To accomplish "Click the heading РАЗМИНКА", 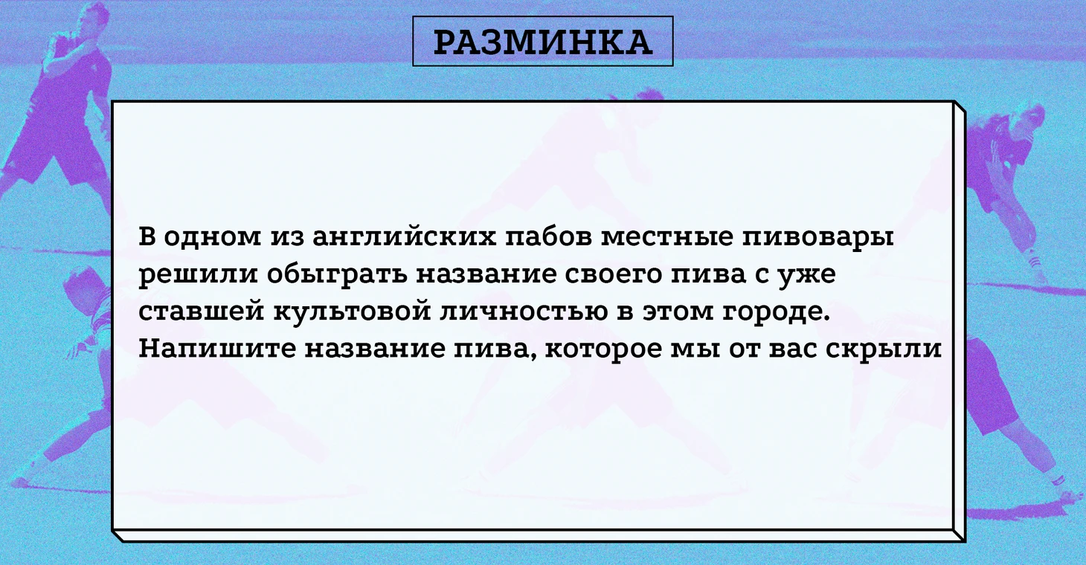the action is tap(542, 42).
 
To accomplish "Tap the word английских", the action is tap(405, 237).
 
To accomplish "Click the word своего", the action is tap(614, 274).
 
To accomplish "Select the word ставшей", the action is tap(201, 310).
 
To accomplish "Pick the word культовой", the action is tap(352, 310).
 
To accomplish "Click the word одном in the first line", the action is tap(212, 237).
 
